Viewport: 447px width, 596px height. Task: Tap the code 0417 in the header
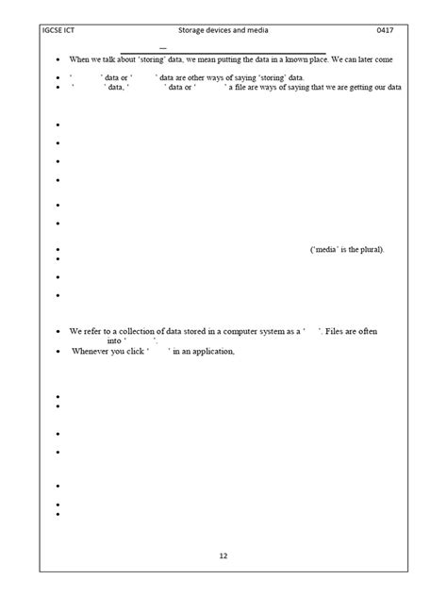tap(385, 31)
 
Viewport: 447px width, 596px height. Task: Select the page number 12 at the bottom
tap(223, 555)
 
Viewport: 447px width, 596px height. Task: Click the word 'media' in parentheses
tap(326, 249)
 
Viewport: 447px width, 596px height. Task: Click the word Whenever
tap(91, 352)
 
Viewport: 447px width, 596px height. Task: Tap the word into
tap(115, 341)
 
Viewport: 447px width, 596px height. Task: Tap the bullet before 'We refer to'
tap(58, 333)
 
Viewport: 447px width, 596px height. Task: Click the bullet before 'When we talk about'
tap(58, 60)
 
